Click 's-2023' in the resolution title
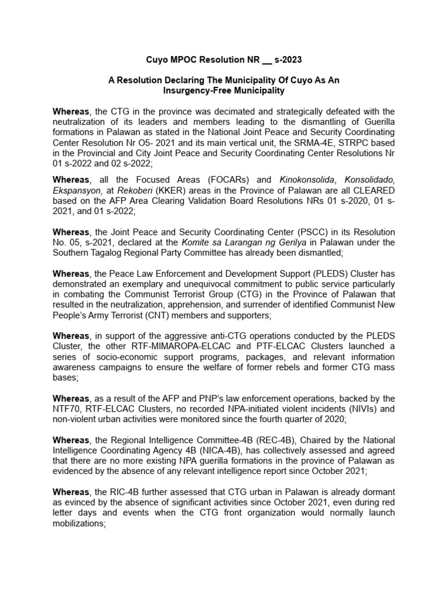click(x=286, y=60)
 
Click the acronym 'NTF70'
click(x=64, y=409)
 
